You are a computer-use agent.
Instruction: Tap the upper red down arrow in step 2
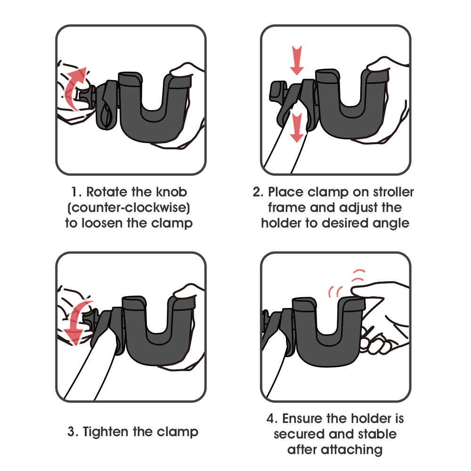click(297, 60)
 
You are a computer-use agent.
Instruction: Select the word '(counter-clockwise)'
click(129, 208)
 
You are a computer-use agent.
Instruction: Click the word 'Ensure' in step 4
click(302, 419)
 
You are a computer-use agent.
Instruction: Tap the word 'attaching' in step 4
click(351, 450)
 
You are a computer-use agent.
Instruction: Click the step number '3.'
click(73, 432)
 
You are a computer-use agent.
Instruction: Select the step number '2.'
click(258, 192)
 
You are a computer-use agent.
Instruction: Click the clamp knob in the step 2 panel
click(277, 91)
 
